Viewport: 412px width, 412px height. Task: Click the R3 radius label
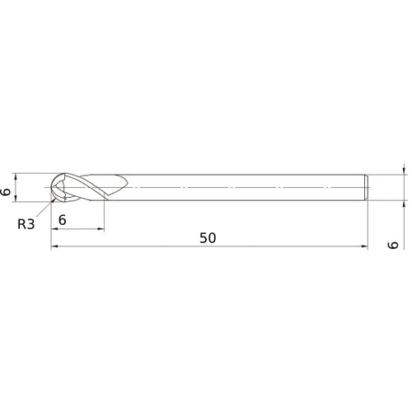[x=26, y=224]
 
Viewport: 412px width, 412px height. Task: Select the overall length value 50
[x=208, y=238]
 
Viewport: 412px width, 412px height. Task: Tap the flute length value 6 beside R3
[x=63, y=220]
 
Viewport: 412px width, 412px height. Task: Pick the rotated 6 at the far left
[x=6, y=192]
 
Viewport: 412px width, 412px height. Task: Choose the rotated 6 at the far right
[x=393, y=245]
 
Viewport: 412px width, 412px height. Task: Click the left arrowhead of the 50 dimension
[x=54, y=246]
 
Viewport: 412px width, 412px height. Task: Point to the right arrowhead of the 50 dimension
[x=364, y=246]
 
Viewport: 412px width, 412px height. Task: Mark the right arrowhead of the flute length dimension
[x=101, y=228]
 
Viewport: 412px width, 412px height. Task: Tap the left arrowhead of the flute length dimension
[x=54, y=228]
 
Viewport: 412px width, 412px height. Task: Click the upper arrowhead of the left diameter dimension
[x=16, y=177]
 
